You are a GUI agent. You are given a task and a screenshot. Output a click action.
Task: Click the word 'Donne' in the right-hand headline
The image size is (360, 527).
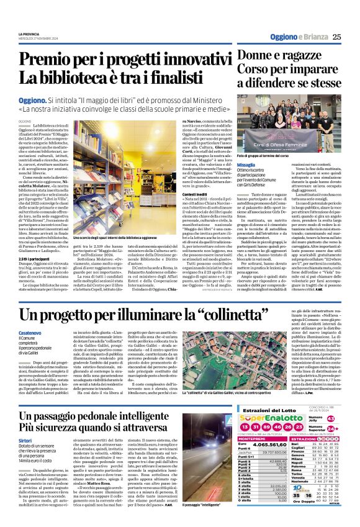[x=255, y=56]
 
